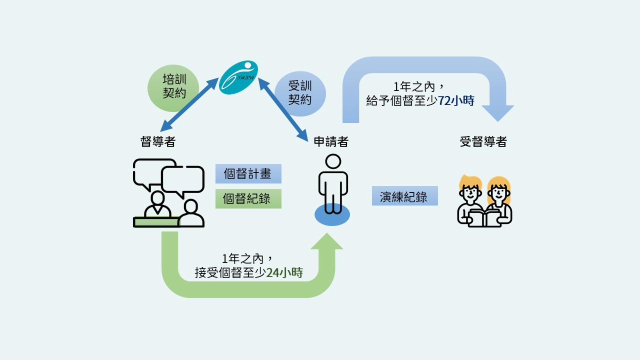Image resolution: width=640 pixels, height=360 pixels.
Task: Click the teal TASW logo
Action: click(238, 77)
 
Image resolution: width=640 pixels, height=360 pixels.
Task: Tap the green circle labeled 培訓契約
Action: click(173, 88)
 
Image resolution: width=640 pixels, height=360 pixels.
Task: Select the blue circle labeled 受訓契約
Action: click(300, 93)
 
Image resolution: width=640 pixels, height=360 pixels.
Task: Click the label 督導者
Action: click(157, 141)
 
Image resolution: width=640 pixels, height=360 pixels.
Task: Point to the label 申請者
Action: click(331, 141)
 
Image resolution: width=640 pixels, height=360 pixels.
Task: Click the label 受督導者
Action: click(483, 141)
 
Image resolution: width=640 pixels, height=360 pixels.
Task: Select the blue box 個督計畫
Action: click(248, 173)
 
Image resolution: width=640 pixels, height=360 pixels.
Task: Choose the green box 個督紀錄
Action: click(248, 198)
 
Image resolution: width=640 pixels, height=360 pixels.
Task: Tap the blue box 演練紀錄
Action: click(405, 195)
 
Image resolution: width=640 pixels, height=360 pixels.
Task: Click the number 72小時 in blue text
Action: click(456, 100)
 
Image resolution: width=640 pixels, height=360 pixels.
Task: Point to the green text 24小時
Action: click(284, 272)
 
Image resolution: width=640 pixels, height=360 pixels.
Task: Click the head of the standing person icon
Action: click(333, 161)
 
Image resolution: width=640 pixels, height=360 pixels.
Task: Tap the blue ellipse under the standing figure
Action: click(332, 215)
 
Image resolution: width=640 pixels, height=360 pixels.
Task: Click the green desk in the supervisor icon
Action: click(156, 222)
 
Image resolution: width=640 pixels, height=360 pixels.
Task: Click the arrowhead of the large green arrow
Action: click(327, 241)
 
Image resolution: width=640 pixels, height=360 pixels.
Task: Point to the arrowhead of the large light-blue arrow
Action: click(497, 113)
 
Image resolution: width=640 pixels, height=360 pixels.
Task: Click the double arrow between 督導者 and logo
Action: click(189, 104)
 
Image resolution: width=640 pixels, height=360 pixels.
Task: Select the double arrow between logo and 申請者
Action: click(283, 109)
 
